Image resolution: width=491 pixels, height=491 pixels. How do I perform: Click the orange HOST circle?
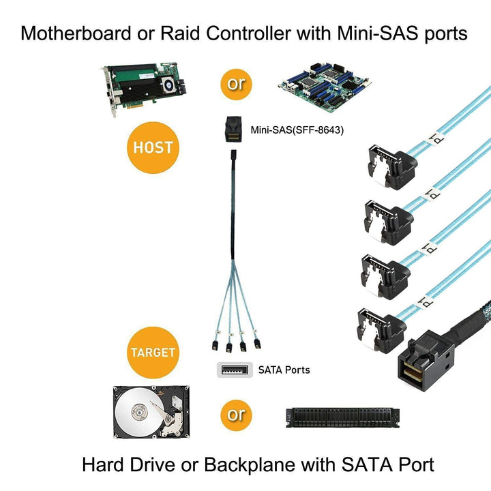pos(153,147)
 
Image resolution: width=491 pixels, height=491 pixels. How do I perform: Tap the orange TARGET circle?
pos(153,353)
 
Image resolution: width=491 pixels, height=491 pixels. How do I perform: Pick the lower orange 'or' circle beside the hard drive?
pos(235,414)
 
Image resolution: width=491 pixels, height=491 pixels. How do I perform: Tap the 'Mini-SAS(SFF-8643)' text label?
pos(286,130)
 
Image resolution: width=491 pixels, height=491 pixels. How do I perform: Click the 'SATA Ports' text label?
pos(284,370)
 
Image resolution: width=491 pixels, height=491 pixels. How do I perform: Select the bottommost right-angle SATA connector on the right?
pos(378,327)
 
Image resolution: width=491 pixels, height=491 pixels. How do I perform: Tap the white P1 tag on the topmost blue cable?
pos(431,138)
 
